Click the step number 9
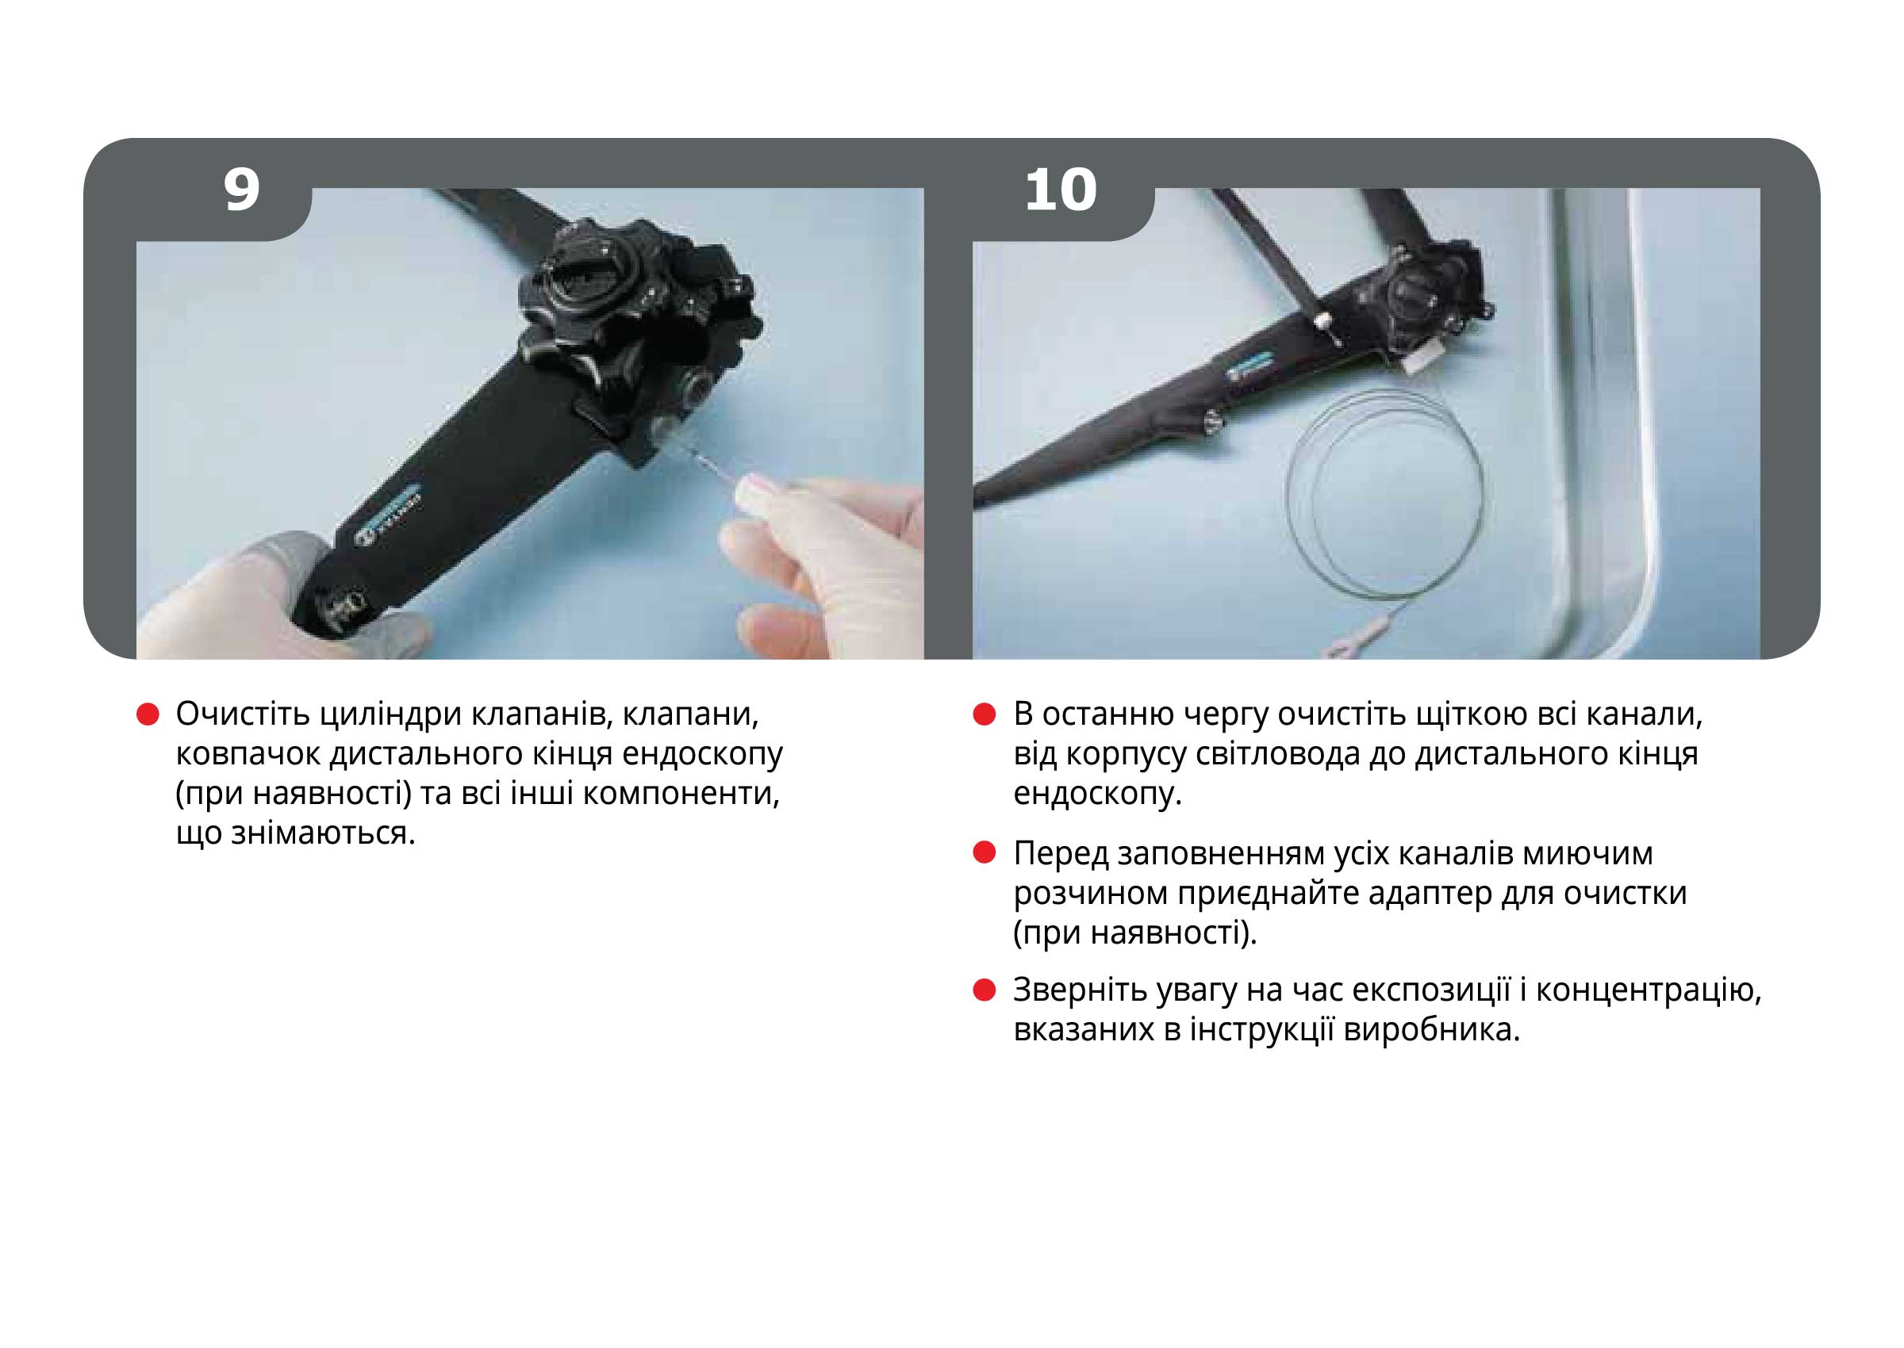tap(242, 191)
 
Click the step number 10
tap(1061, 191)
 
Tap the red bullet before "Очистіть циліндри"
tap(147, 714)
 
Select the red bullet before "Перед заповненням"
tap(984, 853)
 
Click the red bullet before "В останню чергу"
tap(984, 714)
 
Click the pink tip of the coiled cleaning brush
tap(1339, 645)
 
